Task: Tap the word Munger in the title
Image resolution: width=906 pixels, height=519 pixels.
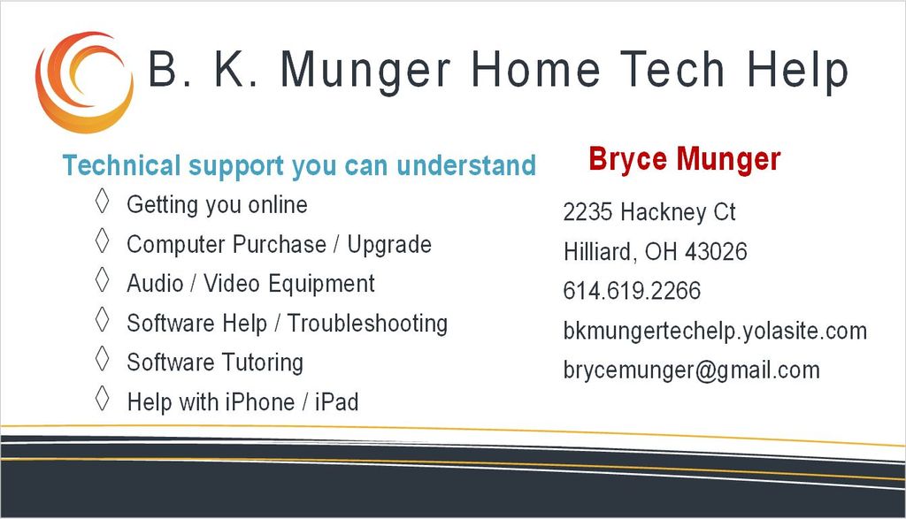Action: click(365, 72)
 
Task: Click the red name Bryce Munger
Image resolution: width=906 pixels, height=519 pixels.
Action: click(685, 159)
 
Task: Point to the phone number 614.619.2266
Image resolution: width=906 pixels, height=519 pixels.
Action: click(632, 290)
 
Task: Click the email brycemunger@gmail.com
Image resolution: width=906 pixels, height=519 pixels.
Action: click(692, 370)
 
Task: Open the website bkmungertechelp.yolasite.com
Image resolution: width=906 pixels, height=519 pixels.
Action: click(715, 331)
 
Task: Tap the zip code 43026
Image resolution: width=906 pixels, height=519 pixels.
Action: click(716, 252)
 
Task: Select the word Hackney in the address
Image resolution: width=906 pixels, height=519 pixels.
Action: click(663, 212)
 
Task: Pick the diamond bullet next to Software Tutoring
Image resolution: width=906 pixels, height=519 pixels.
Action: click(103, 358)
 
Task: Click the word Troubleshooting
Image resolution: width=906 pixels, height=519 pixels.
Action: click(367, 324)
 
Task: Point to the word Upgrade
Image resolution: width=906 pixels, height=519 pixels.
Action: click(389, 245)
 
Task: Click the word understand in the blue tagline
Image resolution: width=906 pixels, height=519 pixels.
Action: click(466, 165)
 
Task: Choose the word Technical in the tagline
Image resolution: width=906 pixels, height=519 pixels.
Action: click(121, 165)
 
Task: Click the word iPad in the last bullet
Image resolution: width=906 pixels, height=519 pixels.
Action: click(337, 401)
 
